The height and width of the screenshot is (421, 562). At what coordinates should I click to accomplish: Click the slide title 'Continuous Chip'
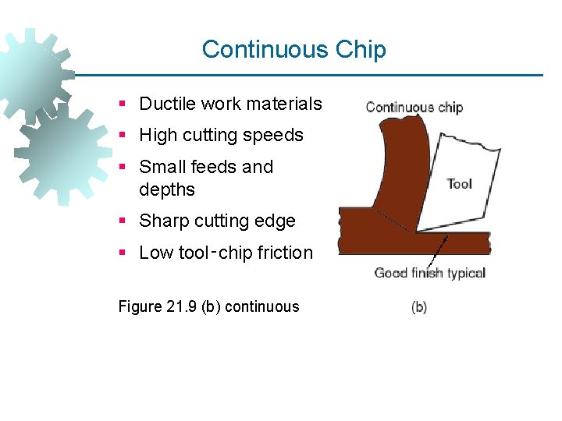coord(293,49)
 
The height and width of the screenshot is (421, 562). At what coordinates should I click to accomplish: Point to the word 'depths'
coord(166,189)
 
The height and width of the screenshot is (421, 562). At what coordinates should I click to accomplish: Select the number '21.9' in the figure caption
coord(182,306)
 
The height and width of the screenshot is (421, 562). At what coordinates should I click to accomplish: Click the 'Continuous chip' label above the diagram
coord(414,108)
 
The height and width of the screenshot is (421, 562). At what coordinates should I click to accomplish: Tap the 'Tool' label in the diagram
coord(459,184)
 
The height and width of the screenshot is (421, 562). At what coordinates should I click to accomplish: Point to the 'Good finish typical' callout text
coord(429,272)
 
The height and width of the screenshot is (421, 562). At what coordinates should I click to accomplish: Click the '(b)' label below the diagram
coord(418,307)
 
